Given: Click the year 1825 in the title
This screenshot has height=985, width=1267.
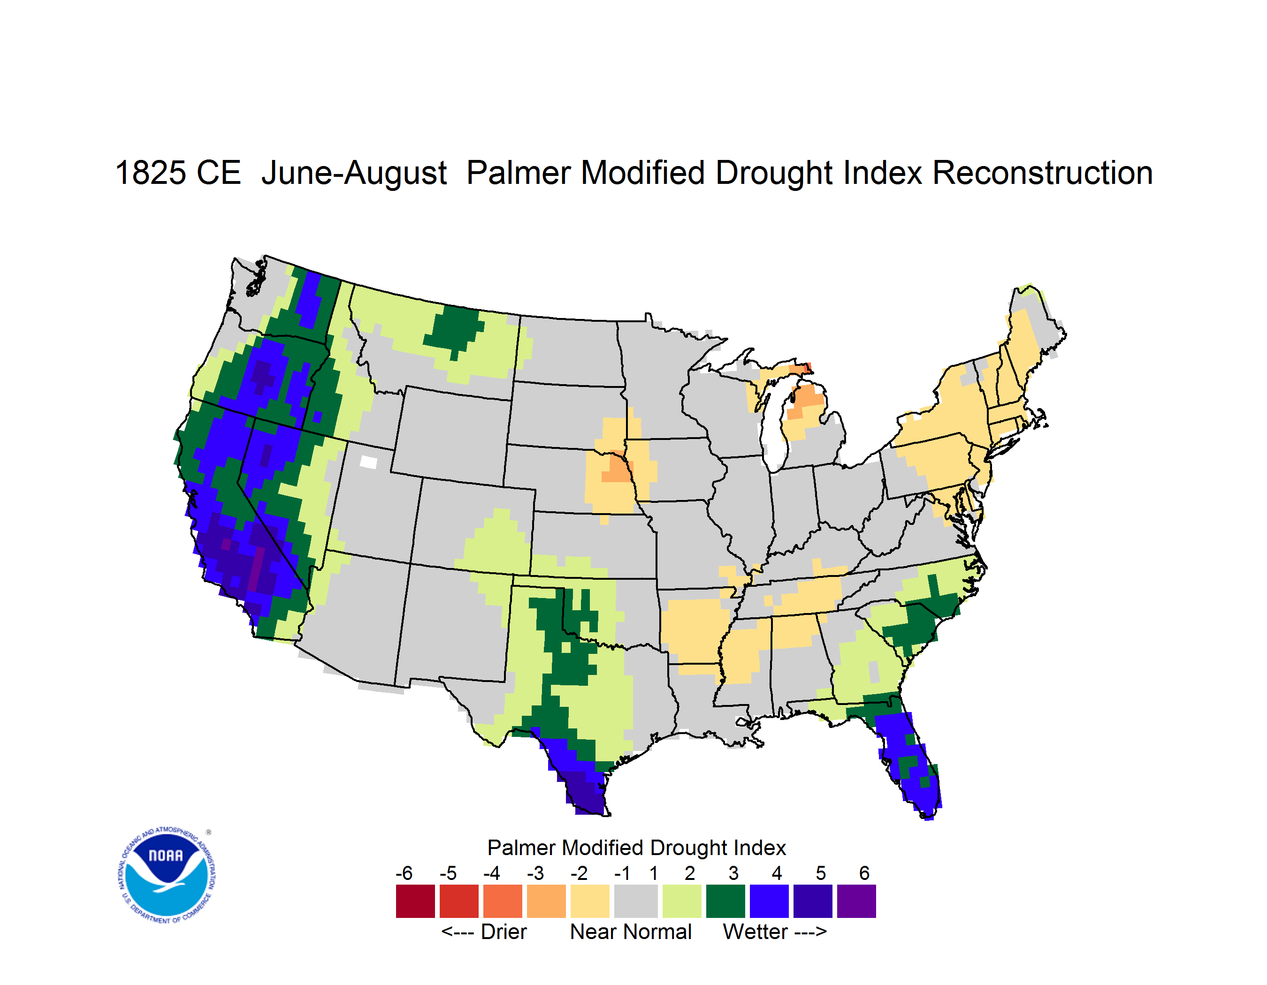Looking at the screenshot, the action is [150, 173].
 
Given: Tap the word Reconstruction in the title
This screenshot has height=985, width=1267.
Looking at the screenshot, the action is [1043, 173].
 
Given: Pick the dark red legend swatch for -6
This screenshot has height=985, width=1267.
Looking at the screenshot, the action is [415, 901].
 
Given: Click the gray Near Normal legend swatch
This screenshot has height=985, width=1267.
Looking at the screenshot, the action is [636, 901].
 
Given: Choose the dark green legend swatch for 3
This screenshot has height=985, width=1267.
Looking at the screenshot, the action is [725, 901].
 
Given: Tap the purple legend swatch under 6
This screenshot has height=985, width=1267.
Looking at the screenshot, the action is [856, 901].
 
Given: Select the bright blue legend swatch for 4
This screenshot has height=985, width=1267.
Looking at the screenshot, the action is [769, 901].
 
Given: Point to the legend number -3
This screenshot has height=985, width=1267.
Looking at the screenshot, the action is [535, 872].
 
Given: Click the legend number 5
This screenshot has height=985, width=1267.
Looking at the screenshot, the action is [821, 872].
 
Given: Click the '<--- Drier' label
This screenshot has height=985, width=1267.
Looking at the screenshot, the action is [484, 932].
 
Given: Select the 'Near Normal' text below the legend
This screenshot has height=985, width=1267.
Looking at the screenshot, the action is [631, 932].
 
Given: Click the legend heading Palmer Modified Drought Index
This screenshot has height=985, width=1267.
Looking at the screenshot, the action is [636, 848].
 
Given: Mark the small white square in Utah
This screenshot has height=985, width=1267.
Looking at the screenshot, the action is [368, 462].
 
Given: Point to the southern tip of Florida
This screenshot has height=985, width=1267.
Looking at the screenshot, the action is [928, 818].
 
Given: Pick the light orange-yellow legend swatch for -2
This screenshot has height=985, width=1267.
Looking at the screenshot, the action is [590, 901].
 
